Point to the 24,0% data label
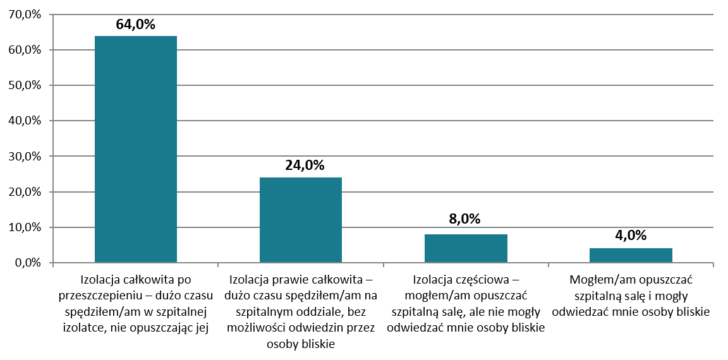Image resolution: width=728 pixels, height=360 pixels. pyautogui.click(x=301, y=165)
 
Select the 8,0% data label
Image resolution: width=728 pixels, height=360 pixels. pyautogui.click(x=466, y=219)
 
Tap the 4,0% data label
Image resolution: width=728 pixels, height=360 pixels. pyautogui.click(x=631, y=235)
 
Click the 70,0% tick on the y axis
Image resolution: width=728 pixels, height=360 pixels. pyautogui.click(x=23, y=15)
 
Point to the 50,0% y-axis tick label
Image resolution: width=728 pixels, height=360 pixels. pyautogui.click(x=23, y=85)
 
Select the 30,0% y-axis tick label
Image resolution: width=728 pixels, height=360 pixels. pyautogui.click(x=23, y=157)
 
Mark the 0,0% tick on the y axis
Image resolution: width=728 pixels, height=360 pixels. pyautogui.click(x=26, y=263)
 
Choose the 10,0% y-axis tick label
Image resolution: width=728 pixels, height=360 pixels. pyautogui.click(x=23, y=227)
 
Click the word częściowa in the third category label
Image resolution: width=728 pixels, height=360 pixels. pyautogui.click(x=485, y=279)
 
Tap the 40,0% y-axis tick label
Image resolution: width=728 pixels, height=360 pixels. pyautogui.click(x=23, y=121)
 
